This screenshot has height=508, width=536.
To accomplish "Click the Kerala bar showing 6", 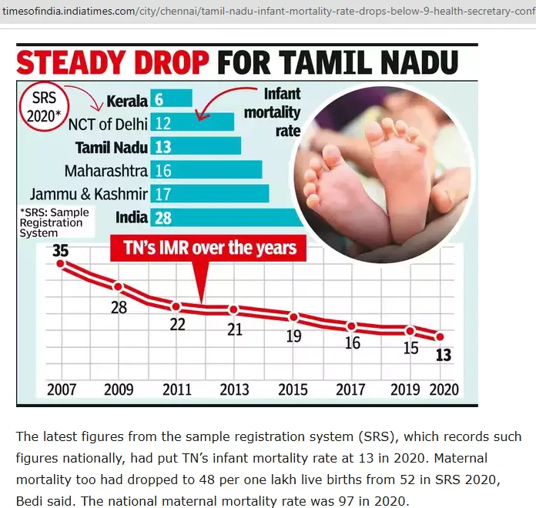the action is coord(171,99).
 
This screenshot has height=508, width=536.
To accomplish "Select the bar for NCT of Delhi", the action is coord(192,122).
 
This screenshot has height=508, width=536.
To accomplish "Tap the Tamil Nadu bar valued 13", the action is coord(196,146).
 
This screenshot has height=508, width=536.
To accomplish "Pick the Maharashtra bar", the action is coord(206,169).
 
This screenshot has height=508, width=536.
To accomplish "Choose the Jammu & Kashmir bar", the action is coord(209,193).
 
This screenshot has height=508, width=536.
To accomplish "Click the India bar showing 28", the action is coord(226,217).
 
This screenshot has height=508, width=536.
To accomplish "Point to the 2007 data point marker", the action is coord(61,264).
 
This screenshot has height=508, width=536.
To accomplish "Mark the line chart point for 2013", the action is coord(234,310).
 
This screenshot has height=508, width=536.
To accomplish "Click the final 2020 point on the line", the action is coord(441,337).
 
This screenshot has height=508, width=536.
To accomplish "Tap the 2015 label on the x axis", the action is coord(293,389).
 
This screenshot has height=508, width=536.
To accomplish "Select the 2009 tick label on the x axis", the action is coord(119,389).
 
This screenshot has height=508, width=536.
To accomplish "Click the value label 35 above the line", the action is coord(61,250).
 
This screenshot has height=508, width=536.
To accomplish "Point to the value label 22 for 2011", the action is coord(177,324).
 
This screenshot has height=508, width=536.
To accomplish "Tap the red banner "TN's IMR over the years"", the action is coord(208,248).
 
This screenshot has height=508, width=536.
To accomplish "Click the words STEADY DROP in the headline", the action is coord(112,62).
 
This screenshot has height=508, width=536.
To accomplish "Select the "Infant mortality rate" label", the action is coord(273,112).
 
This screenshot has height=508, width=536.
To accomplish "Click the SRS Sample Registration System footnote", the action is coord(55,222).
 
